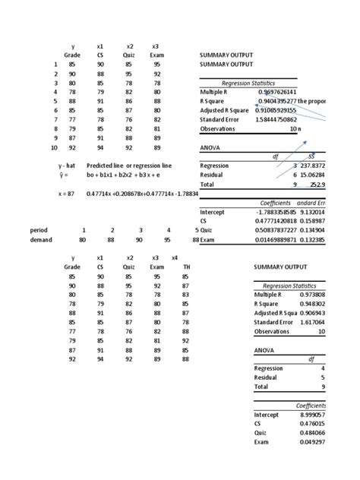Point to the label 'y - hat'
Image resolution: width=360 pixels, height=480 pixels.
click(71, 165)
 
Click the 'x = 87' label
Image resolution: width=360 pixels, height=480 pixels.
click(68, 193)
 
